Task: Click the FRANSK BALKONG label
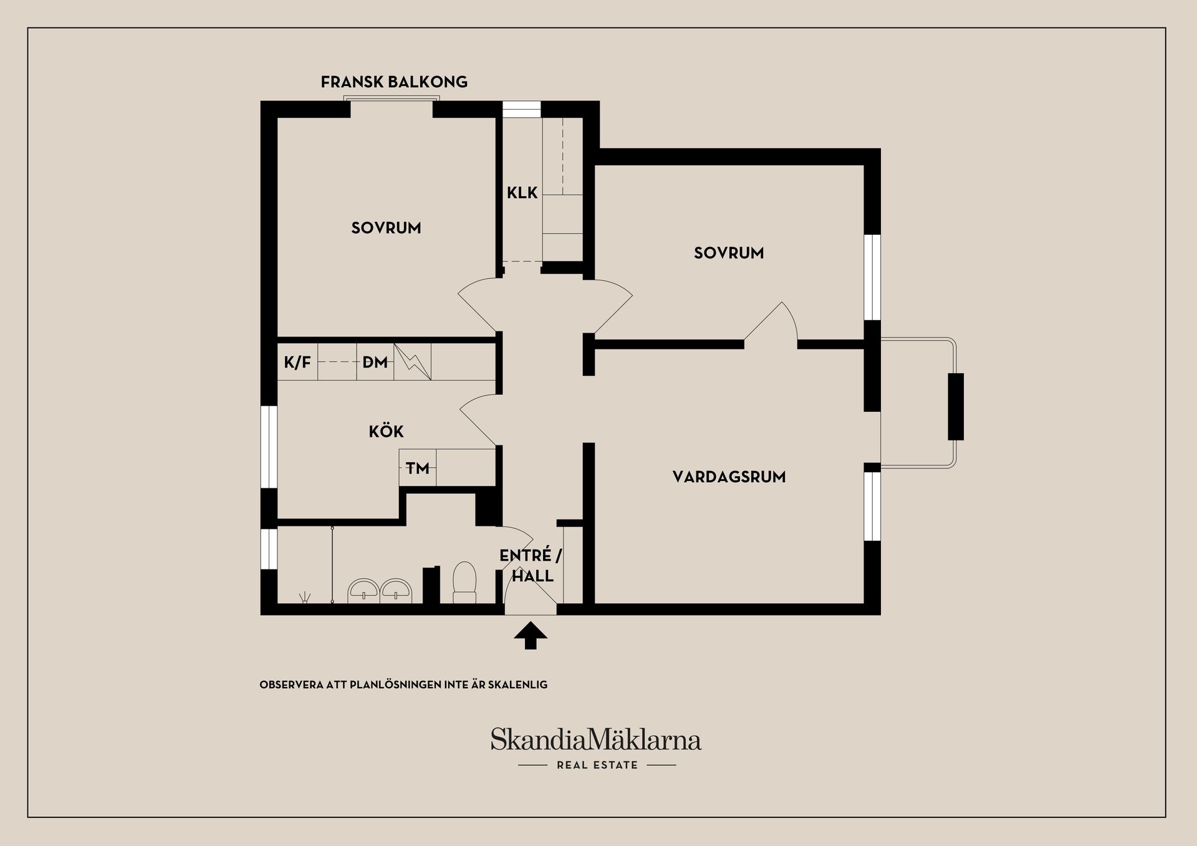(394, 82)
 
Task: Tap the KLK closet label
(522, 193)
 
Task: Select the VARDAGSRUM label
(729, 477)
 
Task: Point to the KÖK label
(386, 431)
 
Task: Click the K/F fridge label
(297, 363)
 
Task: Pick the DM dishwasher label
(375, 363)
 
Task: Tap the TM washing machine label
(418, 468)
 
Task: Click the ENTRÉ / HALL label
(531, 566)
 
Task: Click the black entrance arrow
(531, 635)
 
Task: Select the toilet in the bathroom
(464, 582)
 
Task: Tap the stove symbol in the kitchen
(412, 362)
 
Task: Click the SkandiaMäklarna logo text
(596, 739)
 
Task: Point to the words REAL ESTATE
(597, 765)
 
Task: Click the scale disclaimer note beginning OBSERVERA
(403, 685)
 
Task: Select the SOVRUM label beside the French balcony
(386, 228)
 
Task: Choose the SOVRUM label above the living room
(729, 253)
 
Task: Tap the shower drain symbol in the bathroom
(305, 598)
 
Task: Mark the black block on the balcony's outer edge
(956, 407)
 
